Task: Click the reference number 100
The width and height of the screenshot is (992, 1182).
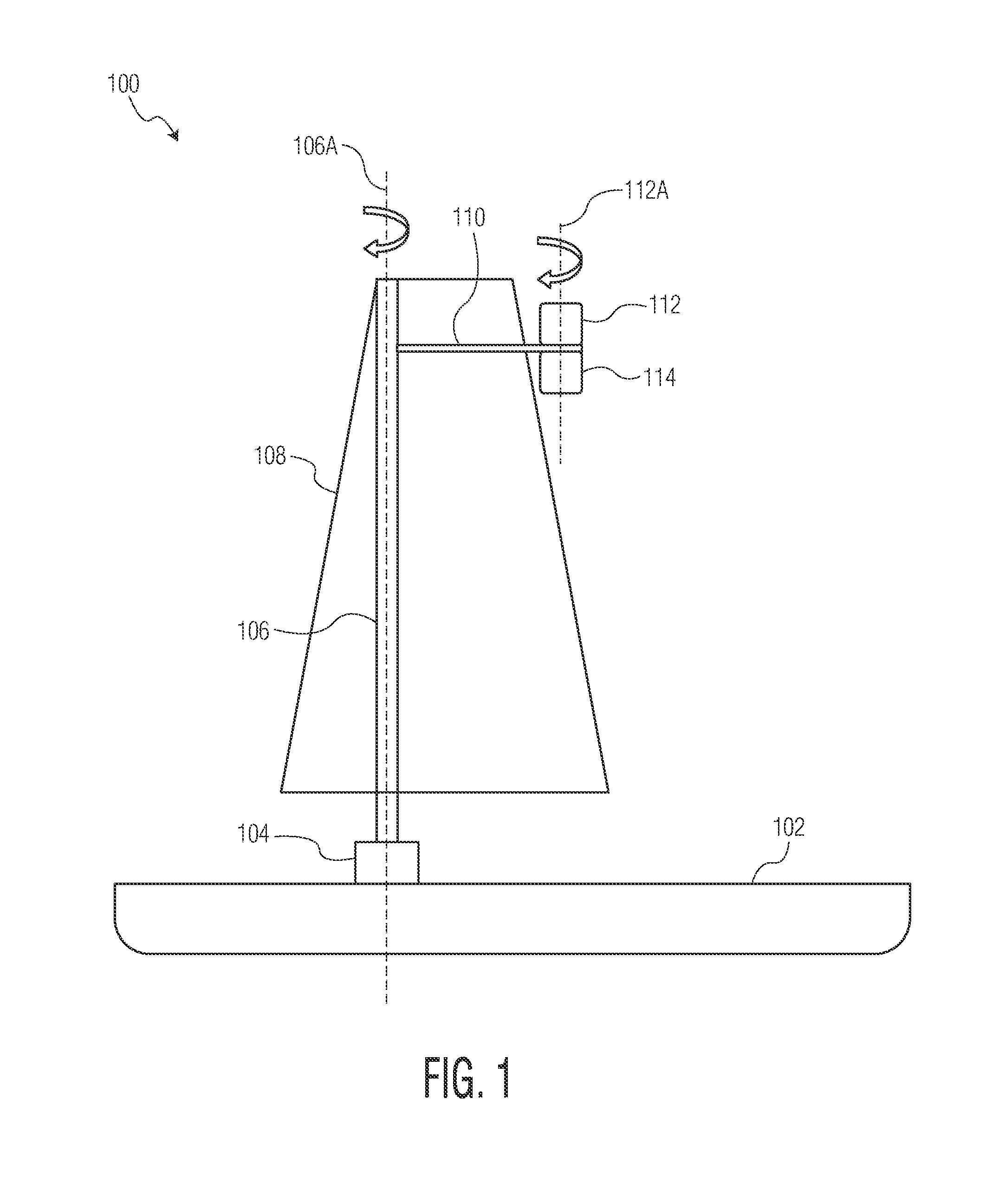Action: pos(123,84)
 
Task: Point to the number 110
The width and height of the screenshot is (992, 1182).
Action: pos(469,217)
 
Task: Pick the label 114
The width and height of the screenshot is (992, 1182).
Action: pos(659,377)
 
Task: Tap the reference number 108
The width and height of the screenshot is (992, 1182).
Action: pos(270,456)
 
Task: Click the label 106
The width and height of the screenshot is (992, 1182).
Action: pos(253,632)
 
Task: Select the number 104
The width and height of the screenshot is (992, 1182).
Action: pos(253,834)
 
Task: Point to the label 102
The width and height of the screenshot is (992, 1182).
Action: pos(789,827)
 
